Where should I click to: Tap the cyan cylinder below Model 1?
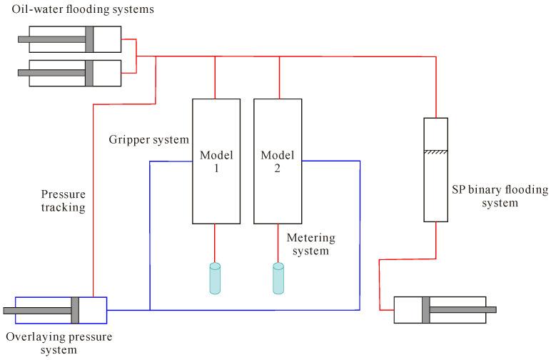click(x=215, y=279)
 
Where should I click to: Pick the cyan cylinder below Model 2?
click(x=278, y=279)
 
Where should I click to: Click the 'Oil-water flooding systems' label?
click(x=83, y=9)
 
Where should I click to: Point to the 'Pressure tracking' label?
click(x=64, y=201)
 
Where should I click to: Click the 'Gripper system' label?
click(x=149, y=139)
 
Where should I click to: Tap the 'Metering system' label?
click(x=311, y=244)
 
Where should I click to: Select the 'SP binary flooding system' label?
click(x=500, y=196)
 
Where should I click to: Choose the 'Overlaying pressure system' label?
click(x=59, y=343)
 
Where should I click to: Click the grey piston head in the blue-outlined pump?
click(x=75, y=311)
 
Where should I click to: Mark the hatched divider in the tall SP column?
click(x=436, y=152)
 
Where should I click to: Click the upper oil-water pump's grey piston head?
click(x=89, y=39)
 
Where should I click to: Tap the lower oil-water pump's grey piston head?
click(x=89, y=73)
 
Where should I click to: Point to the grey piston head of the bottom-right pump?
click(x=426, y=310)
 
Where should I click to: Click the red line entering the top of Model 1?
click(x=215, y=78)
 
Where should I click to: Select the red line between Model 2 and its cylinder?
click(x=278, y=244)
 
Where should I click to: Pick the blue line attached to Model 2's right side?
click(x=360, y=236)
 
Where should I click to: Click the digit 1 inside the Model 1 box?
click(x=216, y=169)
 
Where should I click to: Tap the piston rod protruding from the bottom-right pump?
click(x=463, y=310)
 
